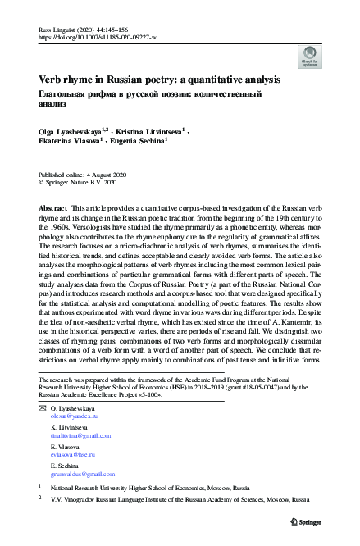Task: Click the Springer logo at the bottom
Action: tap(305, 521)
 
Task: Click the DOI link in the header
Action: tap(102, 37)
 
